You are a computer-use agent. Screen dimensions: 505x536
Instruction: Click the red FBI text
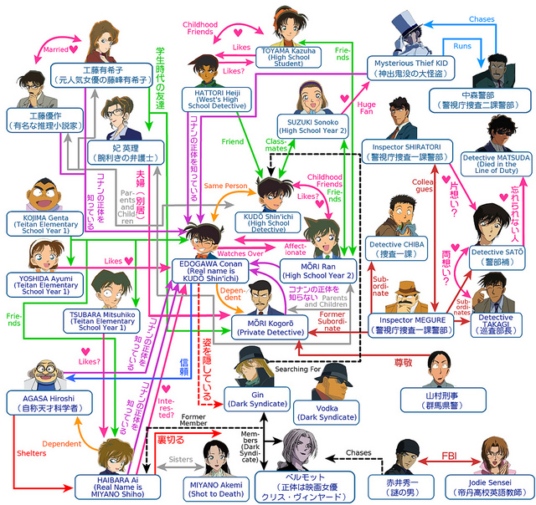click(448, 457)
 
